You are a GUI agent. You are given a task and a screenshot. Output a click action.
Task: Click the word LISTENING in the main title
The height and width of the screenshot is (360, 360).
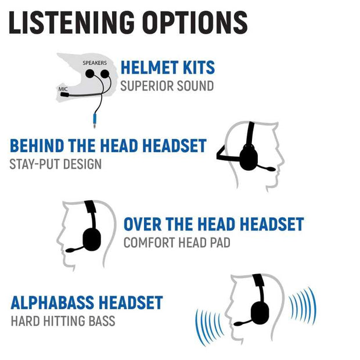71,23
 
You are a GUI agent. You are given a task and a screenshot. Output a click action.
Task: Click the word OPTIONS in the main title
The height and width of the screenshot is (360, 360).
195,23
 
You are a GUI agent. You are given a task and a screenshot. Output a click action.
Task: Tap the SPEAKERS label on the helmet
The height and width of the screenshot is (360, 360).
95,63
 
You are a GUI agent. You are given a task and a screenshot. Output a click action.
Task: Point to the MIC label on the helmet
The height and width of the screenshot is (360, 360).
63,89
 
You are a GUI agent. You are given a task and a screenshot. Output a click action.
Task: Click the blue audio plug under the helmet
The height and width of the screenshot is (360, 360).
95,120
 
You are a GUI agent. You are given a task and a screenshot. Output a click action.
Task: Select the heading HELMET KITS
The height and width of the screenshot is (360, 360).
168,67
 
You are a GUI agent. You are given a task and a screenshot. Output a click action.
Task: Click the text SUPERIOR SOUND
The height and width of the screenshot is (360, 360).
167,86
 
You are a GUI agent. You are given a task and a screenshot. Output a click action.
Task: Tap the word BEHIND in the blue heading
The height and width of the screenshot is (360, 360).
37,146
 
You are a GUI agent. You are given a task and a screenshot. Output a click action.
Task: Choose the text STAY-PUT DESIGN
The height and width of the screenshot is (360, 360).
55,164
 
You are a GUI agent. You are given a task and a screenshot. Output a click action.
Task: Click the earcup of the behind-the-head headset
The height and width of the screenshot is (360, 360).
249,158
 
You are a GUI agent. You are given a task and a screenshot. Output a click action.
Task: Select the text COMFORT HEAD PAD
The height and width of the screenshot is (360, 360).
177,243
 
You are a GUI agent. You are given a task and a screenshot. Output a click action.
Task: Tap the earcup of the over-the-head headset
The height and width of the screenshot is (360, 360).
92,239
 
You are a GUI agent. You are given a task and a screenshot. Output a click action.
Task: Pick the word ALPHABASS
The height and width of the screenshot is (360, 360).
53,303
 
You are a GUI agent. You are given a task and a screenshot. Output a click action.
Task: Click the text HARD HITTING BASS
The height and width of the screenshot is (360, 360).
63,321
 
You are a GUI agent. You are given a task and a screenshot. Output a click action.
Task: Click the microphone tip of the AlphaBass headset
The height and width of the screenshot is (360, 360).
238,324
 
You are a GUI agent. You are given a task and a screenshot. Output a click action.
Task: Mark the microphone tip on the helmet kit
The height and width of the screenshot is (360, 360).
64,95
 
